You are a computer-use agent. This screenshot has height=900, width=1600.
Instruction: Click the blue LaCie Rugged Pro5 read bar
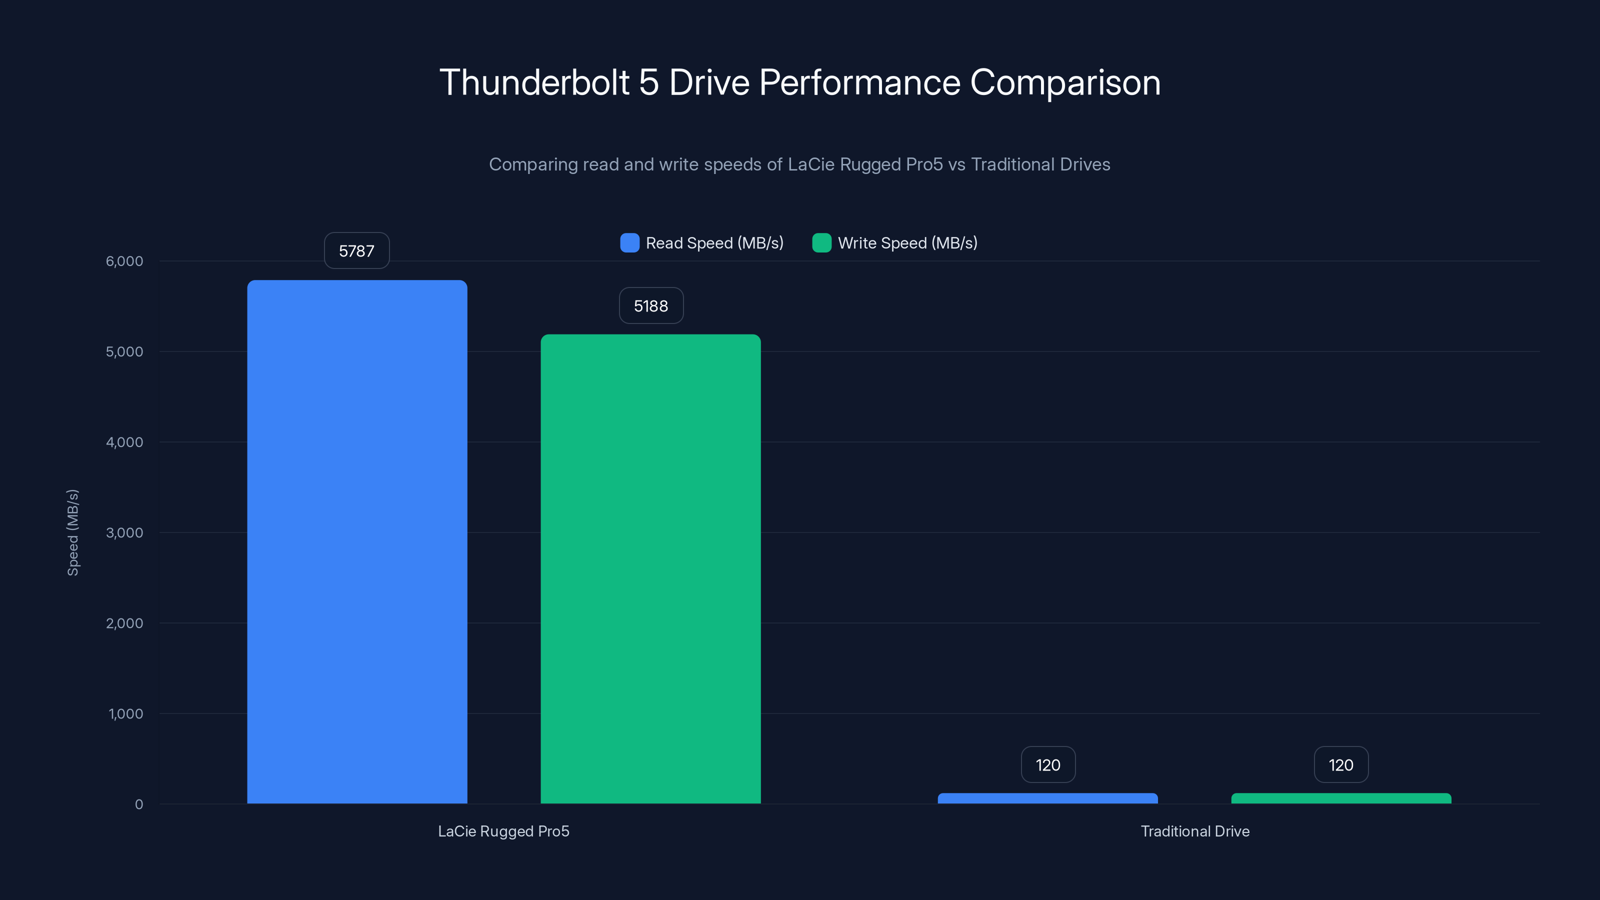(x=357, y=540)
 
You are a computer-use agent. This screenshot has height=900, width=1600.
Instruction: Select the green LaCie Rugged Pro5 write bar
(x=650, y=568)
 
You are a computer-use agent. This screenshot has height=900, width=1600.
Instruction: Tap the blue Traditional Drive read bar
(x=1047, y=798)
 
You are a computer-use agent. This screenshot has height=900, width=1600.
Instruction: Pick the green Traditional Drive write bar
(x=1341, y=798)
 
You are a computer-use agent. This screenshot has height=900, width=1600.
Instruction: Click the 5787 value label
(x=356, y=251)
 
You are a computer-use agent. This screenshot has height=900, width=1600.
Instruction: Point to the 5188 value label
(x=651, y=305)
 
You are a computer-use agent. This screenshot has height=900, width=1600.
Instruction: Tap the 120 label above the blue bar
(x=1048, y=764)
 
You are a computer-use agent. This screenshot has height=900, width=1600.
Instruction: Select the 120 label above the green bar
(x=1341, y=764)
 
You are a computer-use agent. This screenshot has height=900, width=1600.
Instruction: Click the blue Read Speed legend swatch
(x=629, y=243)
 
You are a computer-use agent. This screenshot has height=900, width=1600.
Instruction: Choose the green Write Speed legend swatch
(x=821, y=243)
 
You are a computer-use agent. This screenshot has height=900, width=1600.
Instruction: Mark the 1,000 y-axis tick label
(x=125, y=713)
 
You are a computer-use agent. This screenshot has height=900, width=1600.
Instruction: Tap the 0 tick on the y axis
(x=138, y=804)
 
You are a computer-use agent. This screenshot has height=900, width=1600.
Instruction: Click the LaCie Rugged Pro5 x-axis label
(x=503, y=831)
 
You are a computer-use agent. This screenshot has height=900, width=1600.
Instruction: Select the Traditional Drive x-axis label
(x=1194, y=831)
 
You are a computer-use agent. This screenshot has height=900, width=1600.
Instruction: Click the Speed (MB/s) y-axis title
(x=72, y=532)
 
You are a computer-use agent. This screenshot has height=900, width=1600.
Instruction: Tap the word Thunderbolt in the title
(x=534, y=82)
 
